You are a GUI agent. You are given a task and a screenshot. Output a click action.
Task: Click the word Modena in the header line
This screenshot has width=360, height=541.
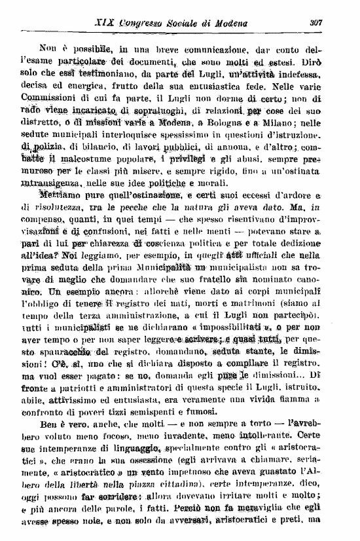[234, 24]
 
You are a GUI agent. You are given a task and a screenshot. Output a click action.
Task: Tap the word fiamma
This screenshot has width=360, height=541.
[315, 405]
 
